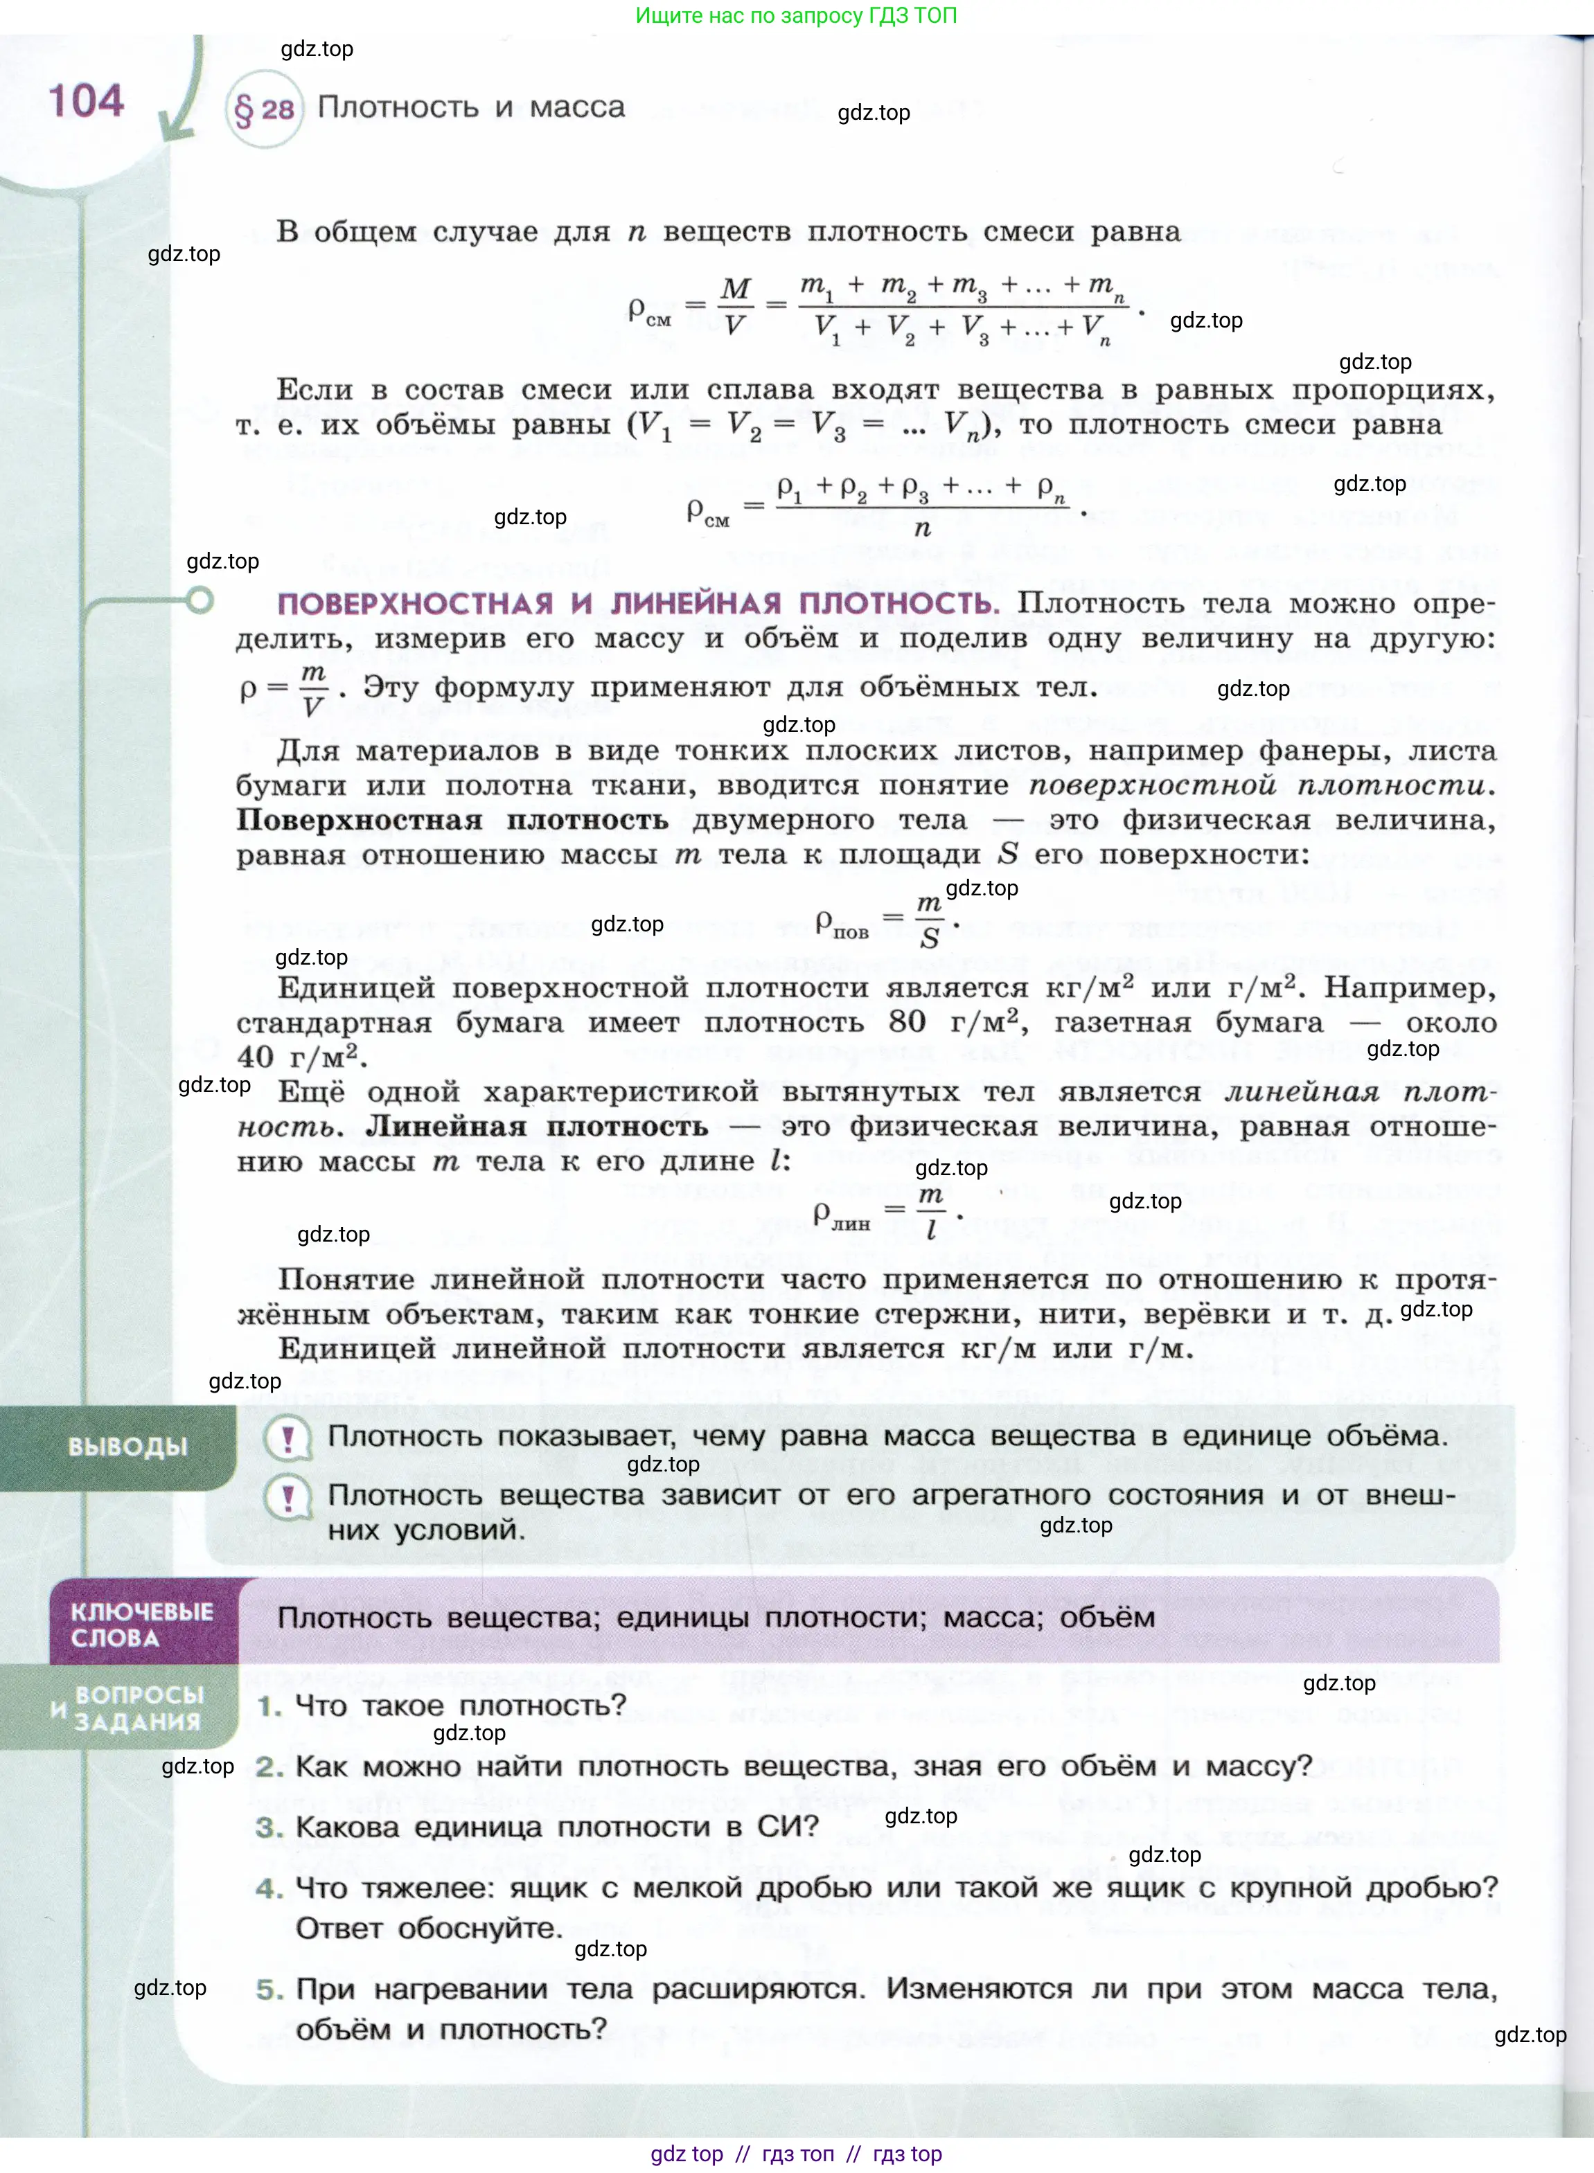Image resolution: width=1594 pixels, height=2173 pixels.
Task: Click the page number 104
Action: [x=86, y=100]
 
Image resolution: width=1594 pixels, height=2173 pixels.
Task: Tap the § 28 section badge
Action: [x=263, y=109]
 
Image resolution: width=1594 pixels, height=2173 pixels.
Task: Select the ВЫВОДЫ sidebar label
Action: [x=127, y=1446]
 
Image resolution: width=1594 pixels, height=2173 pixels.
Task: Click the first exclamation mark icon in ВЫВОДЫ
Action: [x=287, y=1439]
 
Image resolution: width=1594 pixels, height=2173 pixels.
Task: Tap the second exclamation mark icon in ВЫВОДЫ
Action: [x=287, y=1498]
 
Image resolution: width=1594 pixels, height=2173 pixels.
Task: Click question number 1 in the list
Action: [x=269, y=1706]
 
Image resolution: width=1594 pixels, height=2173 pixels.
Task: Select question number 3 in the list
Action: [x=269, y=1827]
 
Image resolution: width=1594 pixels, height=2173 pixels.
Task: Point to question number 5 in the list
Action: [x=269, y=1989]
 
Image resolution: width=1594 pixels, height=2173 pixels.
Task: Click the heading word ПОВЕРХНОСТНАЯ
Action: [x=415, y=604]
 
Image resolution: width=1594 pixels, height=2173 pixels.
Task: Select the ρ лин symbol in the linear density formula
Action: [x=840, y=1215]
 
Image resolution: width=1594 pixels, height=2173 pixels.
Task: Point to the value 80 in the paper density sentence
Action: [x=906, y=1021]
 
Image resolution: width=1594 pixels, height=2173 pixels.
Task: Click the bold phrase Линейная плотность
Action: [x=536, y=1127]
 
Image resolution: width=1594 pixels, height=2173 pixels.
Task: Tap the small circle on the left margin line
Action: [x=200, y=601]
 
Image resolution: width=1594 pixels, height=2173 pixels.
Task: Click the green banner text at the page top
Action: [x=796, y=15]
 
